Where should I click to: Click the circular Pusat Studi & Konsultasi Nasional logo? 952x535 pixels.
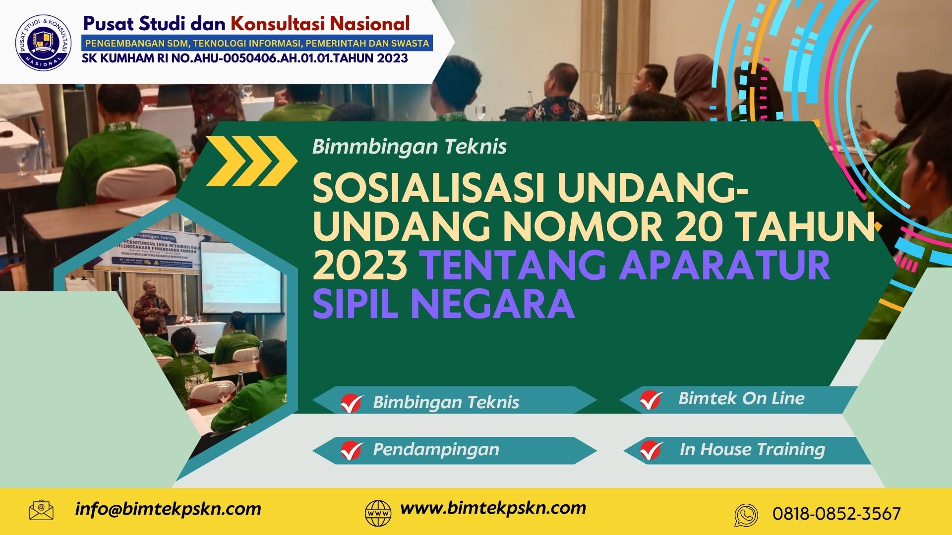coord(44,42)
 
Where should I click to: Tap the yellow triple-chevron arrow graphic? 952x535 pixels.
coord(251,161)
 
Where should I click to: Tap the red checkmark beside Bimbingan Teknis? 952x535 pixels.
coord(352,403)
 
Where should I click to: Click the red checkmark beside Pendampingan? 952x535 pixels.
coord(352,450)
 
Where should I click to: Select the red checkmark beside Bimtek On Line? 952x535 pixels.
coord(651,399)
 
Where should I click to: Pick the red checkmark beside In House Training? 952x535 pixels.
coord(651,450)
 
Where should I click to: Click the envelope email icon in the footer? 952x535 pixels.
coord(41,510)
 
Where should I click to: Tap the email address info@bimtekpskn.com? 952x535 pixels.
coord(168,509)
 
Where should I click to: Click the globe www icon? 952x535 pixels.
coord(378,513)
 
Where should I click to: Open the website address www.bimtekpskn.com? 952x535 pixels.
coord(493,508)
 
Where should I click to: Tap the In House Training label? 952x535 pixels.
coord(752,450)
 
